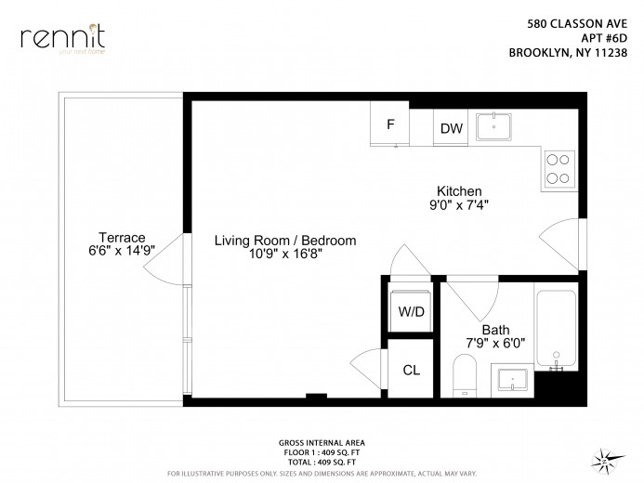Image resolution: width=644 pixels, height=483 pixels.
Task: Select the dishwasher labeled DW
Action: point(452,128)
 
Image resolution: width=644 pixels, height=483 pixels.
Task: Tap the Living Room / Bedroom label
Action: point(285,241)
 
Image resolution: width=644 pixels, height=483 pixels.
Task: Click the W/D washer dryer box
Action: point(411,311)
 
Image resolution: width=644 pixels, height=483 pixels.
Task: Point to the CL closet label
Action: point(411,370)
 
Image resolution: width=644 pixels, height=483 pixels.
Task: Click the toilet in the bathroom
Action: point(463,376)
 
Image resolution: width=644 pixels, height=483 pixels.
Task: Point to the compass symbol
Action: point(605,458)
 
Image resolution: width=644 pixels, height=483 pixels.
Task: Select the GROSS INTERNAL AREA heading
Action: point(322,442)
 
